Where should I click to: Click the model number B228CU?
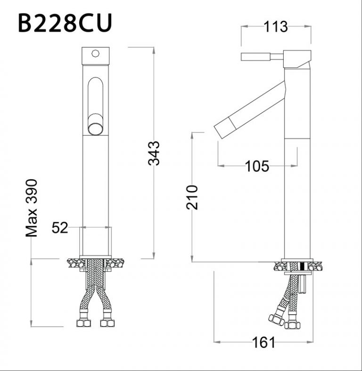pyautogui.click(x=65, y=23)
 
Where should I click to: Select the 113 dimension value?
pyautogui.click(x=276, y=26)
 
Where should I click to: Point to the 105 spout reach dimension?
pyautogui.click(x=257, y=166)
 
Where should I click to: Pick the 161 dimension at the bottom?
pyautogui.click(x=264, y=342)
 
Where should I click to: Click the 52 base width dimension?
pyautogui.click(x=60, y=228)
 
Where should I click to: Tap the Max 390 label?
pyautogui.click(x=32, y=208)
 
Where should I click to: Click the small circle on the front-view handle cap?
pyautogui.click(x=96, y=53)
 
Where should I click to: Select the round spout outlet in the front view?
pyautogui.click(x=96, y=128)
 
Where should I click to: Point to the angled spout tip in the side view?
pyautogui.click(x=222, y=128)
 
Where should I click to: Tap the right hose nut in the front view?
pyautogui.click(x=108, y=323)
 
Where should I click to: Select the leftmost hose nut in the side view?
pyautogui.click(x=275, y=320)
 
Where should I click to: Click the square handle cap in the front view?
pyautogui.click(x=96, y=56)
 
